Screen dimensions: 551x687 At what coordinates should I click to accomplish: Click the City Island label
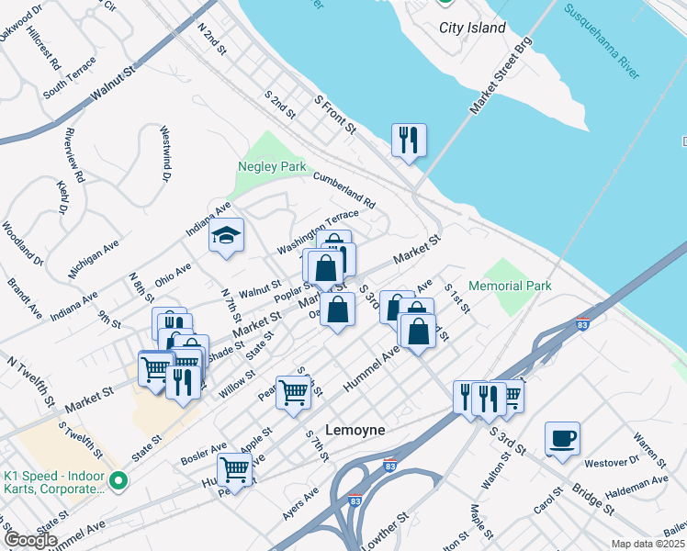(472, 28)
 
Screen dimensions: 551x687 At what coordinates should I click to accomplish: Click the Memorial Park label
(510, 286)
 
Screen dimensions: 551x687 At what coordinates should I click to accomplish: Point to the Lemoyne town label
(355, 430)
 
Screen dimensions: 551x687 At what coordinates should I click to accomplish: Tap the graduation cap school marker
(226, 236)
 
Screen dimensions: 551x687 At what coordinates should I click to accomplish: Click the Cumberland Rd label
(344, 189)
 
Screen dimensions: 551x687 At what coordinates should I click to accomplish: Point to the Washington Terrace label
(318, 233)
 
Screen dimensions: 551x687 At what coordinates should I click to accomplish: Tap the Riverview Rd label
(75, 153)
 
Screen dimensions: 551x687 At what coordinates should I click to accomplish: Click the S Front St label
(335, 115)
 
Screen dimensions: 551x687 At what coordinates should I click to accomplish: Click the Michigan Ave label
(95, 259)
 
